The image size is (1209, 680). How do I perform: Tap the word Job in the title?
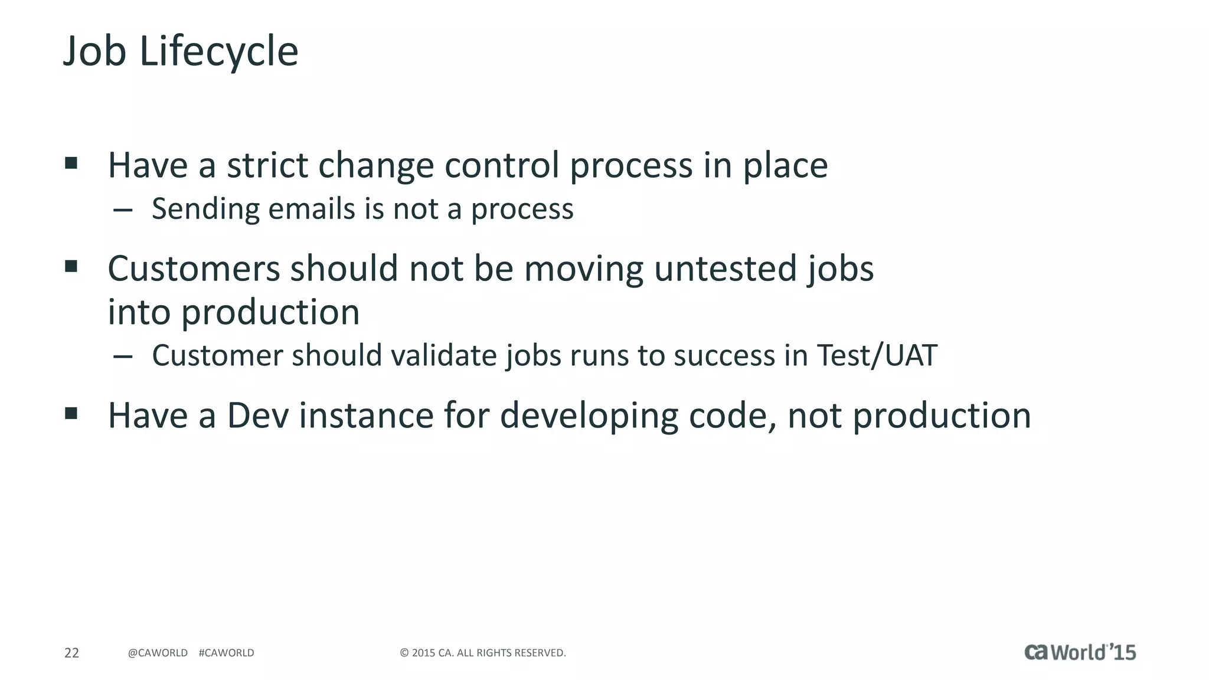coord(94,52)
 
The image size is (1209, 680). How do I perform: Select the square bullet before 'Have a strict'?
coord(71,163)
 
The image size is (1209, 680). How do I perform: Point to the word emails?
coord(311,209)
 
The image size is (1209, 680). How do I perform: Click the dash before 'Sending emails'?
coord(122,210)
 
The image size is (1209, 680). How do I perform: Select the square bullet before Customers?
coord(71,266)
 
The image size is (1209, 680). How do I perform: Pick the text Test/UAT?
coord(877,355)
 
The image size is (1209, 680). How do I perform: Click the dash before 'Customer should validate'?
coord(122,356)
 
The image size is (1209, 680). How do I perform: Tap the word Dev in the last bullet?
coord(257,416)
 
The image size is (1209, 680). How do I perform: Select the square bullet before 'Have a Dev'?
coord(71,413)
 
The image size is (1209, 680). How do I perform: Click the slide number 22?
coord(71,653)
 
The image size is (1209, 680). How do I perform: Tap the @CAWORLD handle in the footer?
coord(158,653)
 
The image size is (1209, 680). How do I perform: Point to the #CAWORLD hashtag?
coord(226,653)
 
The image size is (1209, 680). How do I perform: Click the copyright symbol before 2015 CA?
coord(404,653)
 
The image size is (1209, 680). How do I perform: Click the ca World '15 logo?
coord(1080,652)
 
